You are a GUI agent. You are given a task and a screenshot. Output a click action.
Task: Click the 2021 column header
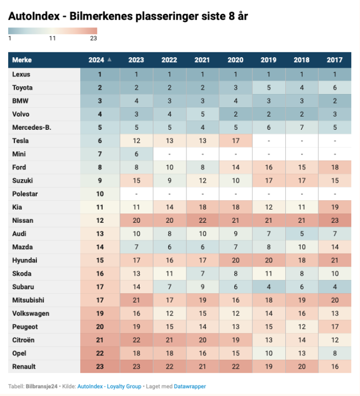click(x=202, y=60)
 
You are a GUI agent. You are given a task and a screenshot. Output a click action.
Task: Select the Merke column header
click(x=22, y=60)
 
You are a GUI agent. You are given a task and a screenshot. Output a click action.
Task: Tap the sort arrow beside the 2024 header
click(x=109, y=59)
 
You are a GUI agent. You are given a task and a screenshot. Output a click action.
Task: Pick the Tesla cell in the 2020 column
click(x=235, y=141)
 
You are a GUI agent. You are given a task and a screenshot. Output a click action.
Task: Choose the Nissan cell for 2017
click(x=334, y=221)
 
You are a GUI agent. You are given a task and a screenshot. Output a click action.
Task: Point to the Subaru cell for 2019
click(x=268, y=287)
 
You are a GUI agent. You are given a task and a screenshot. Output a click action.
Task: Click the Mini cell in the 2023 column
click(x=136, y=154)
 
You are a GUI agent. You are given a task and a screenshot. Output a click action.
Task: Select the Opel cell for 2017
click(x=334, y=354)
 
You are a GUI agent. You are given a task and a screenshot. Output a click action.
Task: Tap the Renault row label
click(x=25, y=367)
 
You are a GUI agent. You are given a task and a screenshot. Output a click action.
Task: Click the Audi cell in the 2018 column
click(x=301, y=234)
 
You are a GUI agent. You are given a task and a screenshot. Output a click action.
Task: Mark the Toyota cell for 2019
click(x=268, y=87)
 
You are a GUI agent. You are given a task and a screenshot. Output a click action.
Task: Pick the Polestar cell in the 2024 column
click(x=100, y=194)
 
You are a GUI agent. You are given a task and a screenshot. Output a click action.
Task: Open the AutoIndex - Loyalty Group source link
click(x=109, y=387)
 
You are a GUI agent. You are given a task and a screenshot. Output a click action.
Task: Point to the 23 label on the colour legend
click(x=93, y=38)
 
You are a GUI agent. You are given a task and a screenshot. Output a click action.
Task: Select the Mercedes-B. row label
click(x=31, y=128)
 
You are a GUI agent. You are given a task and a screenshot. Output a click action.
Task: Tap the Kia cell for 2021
click(x=202, y=207)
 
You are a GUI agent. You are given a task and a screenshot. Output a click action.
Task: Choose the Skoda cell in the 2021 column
click(x=202, y=274)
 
